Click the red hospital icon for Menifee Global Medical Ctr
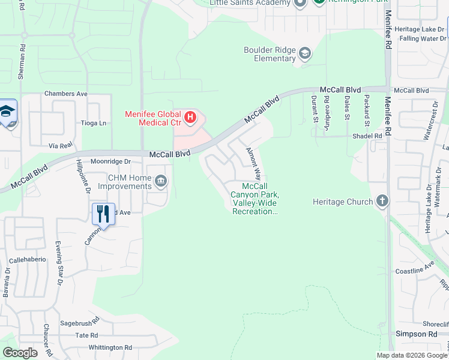190,117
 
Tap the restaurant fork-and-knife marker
103,214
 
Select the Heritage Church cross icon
382,202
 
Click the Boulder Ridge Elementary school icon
305,54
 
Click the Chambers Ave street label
66,94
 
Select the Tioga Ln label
93,123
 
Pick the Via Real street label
60,145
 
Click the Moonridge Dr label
110,161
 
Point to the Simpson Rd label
416,334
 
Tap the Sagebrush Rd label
79,323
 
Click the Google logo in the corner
20,353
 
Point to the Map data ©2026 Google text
411,355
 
